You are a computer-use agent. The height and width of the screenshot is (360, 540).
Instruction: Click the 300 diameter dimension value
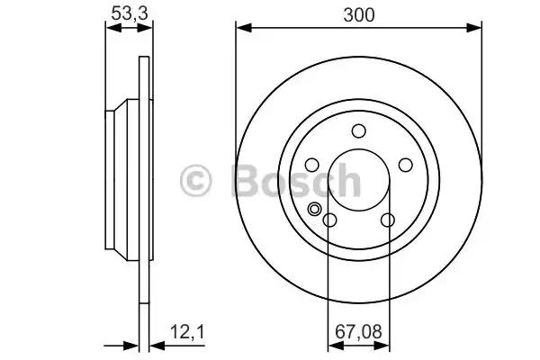[x=358, y=14]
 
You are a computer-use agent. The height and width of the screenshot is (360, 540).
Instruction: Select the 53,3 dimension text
[x=129, y=13]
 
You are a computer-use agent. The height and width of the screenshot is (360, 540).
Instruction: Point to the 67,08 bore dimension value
[x=358, y=331]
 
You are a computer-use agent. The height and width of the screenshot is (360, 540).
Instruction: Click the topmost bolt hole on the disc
[x=358, y=130]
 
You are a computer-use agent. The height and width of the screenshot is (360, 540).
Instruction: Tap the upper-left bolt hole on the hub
[x=311, y=165]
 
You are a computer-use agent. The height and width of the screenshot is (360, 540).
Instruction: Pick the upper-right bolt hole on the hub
[x=405, y=165]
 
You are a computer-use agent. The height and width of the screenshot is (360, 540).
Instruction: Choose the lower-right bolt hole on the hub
[x=388, y=220]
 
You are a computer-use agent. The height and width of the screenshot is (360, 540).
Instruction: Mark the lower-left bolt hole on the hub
[x=329, y=220]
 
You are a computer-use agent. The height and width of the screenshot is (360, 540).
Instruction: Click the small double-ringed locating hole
[x=315, y=210]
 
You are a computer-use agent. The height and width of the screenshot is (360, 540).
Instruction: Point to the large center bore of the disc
[x=358, y=180]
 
